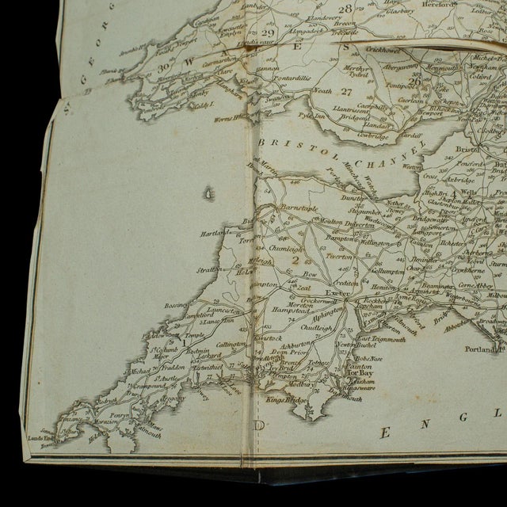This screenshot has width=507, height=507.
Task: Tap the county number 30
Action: (164, 68)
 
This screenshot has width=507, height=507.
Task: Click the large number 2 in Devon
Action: (295, 257)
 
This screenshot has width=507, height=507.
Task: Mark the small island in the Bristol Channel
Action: (208, 193)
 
